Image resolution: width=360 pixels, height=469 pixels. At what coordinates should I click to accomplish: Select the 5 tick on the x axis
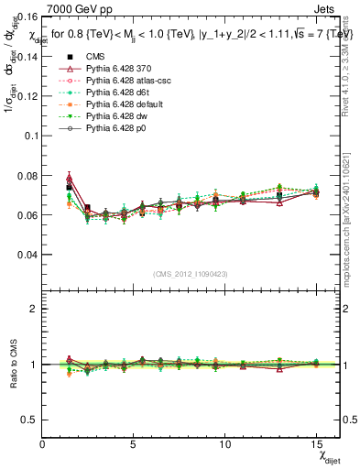click(x=134, y=444)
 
